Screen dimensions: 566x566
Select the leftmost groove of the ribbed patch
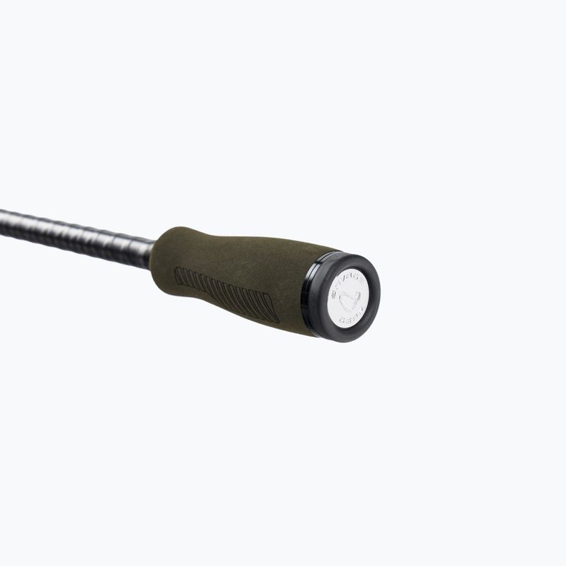(178, 276)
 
